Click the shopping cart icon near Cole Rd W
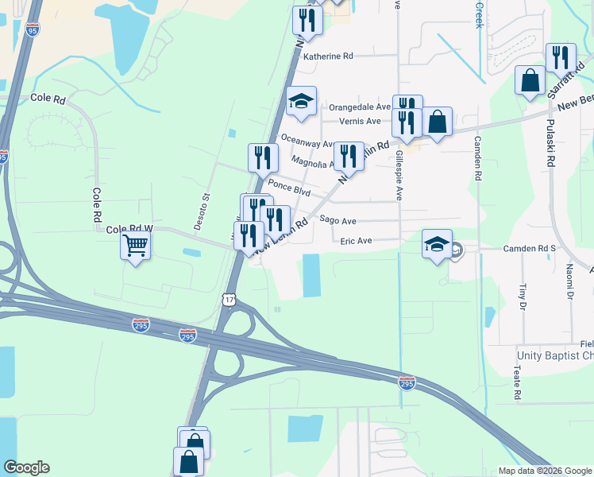(136, 245)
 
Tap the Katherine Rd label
(327, 56)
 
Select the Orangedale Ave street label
(360, 107)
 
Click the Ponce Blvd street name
(288, 190)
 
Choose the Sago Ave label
(337, 220)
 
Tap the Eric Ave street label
(356, 240)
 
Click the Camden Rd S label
(530, 249)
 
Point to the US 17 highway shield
(229, 299)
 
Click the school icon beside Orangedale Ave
(301, 102)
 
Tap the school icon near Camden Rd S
(437, 245)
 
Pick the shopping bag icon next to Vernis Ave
(437, 122)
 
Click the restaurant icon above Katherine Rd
(307, 21)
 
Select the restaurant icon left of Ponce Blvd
(263, 158)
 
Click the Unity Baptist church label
(554, 355)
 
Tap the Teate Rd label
(516, 383)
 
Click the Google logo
(26, 467)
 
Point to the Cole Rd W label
(129, 229)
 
